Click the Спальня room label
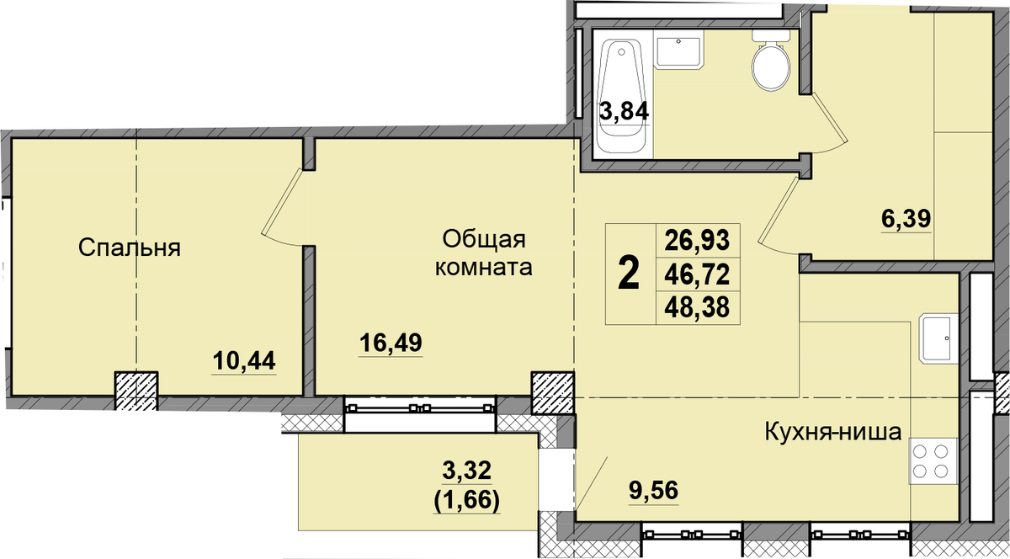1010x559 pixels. [x=130, y=248]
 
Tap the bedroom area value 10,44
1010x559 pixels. [x=244, y=360]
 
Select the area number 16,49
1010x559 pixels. [x=391, y=343]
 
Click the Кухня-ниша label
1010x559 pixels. [x=833, y=432]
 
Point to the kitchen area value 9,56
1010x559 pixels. [x=654, y=491]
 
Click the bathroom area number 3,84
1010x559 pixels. [x=624, y=111]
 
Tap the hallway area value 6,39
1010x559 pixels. [x=906, y=219]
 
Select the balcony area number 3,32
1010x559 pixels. [x=466, y=471]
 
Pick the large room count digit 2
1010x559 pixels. [x=629, y=274]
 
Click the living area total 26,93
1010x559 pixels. [x=697, y=241]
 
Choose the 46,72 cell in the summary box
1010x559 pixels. [x=697, y=274]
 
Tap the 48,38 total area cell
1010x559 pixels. [x=697, y=307]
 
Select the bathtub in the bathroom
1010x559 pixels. [x=622, y=98]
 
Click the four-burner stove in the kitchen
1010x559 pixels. [x=933, y=461]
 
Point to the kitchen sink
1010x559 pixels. [x=938, y=338]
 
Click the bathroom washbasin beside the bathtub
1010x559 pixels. [x=678, y=50]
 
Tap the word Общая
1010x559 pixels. [x=484, y=240]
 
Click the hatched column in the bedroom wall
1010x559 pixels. [x=136, y=391]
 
